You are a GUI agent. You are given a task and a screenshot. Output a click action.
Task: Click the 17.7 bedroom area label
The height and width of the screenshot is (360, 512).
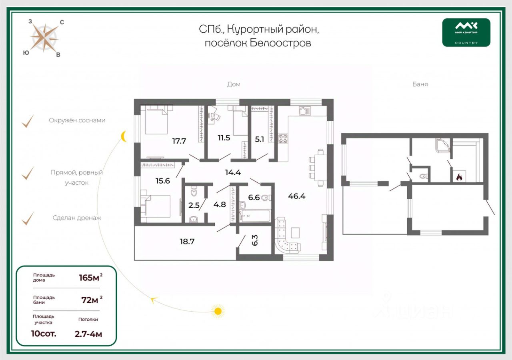[x=179, y=140]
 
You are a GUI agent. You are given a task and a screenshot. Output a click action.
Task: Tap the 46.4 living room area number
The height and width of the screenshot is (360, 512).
[x=296, y=196]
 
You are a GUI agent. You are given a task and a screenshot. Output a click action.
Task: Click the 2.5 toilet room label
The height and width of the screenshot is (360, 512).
[x=194, y=206]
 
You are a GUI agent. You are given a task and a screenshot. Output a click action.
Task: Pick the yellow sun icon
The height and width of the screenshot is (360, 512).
[x=218, y=310]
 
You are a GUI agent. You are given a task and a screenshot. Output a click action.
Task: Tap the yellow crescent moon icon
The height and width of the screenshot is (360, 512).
[x=124, y=136]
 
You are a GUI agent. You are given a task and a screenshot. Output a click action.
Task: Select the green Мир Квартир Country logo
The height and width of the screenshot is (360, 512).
[x=466, y=32]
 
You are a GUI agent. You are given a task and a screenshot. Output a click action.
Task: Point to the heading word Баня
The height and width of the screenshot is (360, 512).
[x=420, y=84]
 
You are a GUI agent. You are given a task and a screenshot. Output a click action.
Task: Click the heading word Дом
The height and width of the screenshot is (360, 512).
[x=234, y=84]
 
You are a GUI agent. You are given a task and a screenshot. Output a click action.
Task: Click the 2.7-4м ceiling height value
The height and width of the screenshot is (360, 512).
[x=88, y=334]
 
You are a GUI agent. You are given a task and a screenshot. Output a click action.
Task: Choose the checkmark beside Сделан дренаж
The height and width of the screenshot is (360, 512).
[x=27, y=218]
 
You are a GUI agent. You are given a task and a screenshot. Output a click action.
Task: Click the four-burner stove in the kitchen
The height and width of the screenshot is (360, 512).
[x=283, y=139]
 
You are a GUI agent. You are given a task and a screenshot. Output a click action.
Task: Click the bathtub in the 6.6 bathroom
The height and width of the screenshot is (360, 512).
[x=255, y=216]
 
